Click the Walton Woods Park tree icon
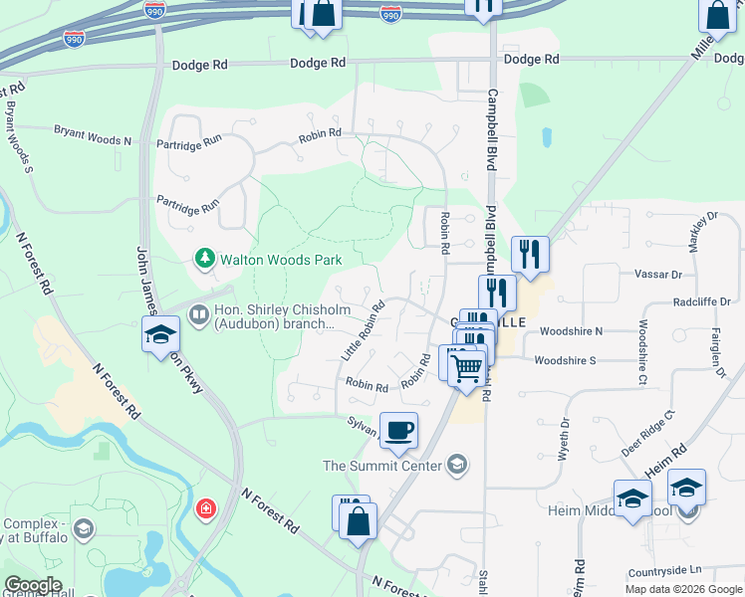point(205,259)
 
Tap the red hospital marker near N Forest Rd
point(206,509)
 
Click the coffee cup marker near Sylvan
point(398,431)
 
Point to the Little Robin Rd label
point(363,331)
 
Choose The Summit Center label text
point(383,465)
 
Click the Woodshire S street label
point(565,360)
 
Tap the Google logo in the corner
point(32,585)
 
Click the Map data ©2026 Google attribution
point(682,588)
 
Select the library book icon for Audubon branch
point(198,315)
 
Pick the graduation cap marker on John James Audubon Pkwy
point(159,336)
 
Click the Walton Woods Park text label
point(281,260)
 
